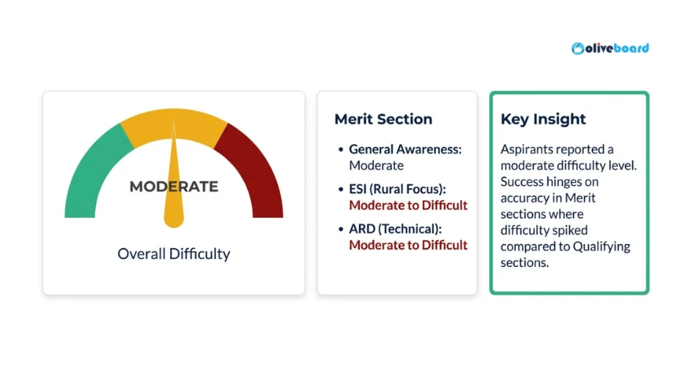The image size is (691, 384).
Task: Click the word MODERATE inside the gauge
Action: point(174,187)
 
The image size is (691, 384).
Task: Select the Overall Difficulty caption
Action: point(174,254)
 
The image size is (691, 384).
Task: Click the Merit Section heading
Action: point(383,119)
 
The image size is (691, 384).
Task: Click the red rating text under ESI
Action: point(408,206)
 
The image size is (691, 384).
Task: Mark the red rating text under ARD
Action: point(408,245)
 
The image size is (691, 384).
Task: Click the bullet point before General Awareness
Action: point(341,150)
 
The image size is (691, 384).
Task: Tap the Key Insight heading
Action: point(543,119)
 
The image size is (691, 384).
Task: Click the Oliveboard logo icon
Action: point(579,48)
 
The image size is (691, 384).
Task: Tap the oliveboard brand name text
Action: point(618,48)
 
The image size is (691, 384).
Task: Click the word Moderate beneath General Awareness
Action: point(376,165)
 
